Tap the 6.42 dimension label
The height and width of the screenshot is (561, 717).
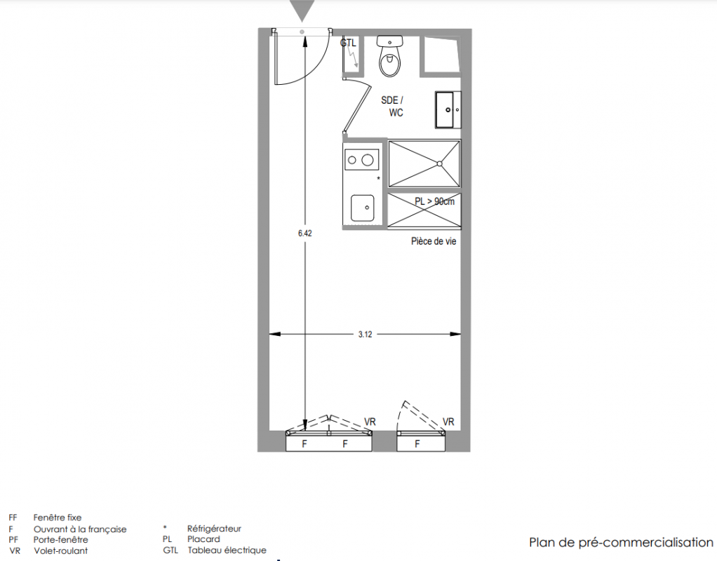tap(305, 234)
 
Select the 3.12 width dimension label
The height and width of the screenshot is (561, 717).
tap(365, 334)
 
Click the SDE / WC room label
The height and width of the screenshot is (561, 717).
tap(393, 107)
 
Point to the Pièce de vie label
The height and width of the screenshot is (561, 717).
tap(434, 241)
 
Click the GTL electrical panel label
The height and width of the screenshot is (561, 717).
tap(348, 43)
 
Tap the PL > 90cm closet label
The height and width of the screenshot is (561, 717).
tap(434, 201)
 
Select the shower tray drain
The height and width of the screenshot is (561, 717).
tap(439, 163)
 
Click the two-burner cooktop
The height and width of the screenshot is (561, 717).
tap(361, 160)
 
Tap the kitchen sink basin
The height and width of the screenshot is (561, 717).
tap(363, 208)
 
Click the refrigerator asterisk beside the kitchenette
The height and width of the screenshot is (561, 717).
tap(378, 178)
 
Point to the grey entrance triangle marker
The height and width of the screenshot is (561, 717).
tap(302, 10)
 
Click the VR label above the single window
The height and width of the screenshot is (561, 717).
tap(448, 421)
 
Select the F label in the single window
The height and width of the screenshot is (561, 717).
tap(417, 443)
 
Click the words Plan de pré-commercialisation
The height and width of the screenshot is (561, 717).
tap(621, 542)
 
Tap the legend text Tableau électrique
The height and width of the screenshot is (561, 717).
tap(227, 550)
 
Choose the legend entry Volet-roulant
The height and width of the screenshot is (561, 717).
tap(60, 551)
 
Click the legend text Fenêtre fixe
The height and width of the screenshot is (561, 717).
tap(57, 518)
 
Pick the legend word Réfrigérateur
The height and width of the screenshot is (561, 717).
tap(214, 529)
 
